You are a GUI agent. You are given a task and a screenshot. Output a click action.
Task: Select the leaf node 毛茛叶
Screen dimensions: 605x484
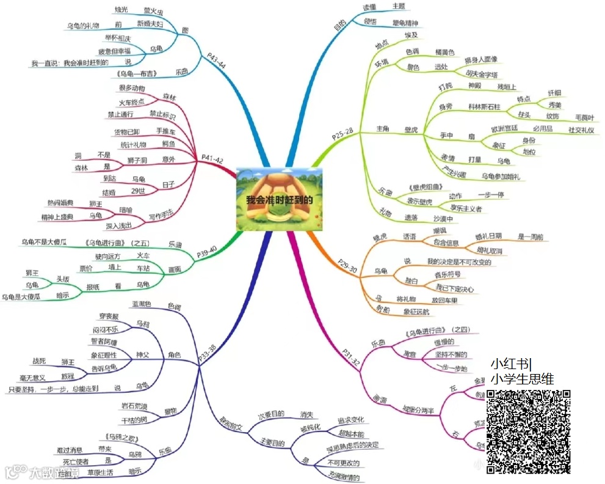click(586, 116)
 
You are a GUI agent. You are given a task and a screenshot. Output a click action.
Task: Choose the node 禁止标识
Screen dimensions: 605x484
click(162, 114)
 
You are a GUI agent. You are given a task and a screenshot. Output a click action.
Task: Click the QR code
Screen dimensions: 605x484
click(529, 431)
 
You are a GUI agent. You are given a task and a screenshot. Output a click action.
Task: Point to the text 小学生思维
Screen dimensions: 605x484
click(523, 379)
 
